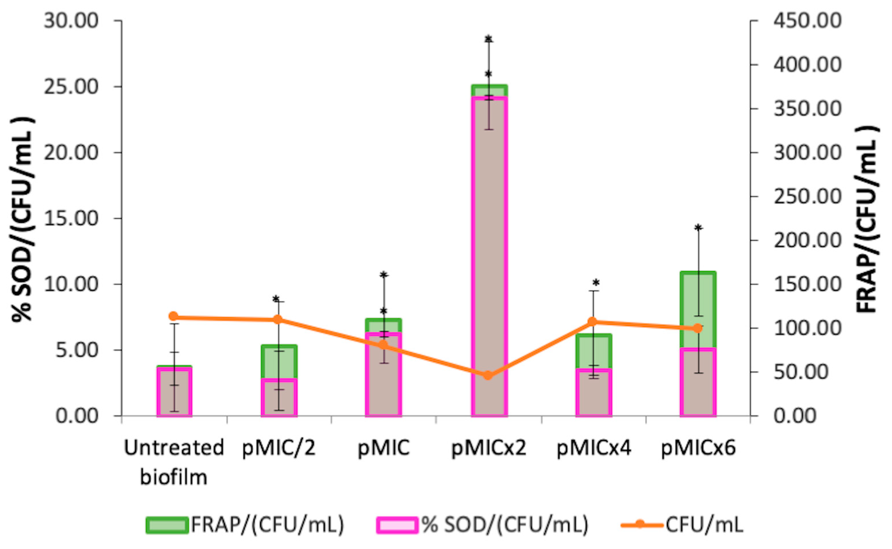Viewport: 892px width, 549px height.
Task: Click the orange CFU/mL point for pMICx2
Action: point(488,375)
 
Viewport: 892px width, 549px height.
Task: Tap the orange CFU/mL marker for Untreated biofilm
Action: point(174,316)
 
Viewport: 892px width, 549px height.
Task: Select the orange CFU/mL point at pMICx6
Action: point(698,328)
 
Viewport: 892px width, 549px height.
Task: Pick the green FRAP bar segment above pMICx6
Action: point(698,309)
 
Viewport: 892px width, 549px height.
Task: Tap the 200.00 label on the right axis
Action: point(807,240)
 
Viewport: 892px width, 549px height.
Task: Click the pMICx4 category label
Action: point(594,448)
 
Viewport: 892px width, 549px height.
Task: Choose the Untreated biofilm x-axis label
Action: point(174,462)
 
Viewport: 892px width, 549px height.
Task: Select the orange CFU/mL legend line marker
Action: point(640,525)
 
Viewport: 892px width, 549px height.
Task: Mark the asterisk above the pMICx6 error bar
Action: point(698,228)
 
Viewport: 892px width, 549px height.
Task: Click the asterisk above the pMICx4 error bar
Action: point(596,282)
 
